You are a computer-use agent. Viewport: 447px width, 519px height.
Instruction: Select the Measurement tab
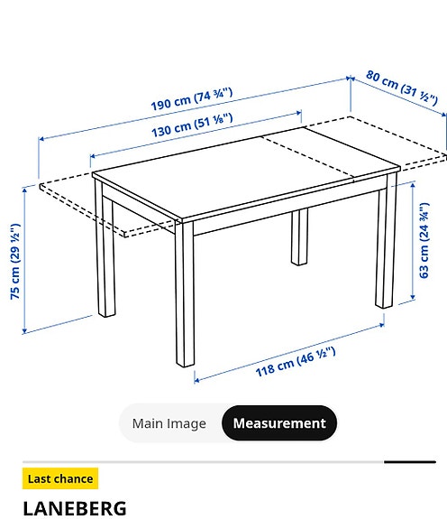tap(279, 423)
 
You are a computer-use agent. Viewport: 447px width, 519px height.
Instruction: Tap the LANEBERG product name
tap(75, 508)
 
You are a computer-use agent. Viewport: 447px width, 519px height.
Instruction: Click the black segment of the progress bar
tap(409, 462)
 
